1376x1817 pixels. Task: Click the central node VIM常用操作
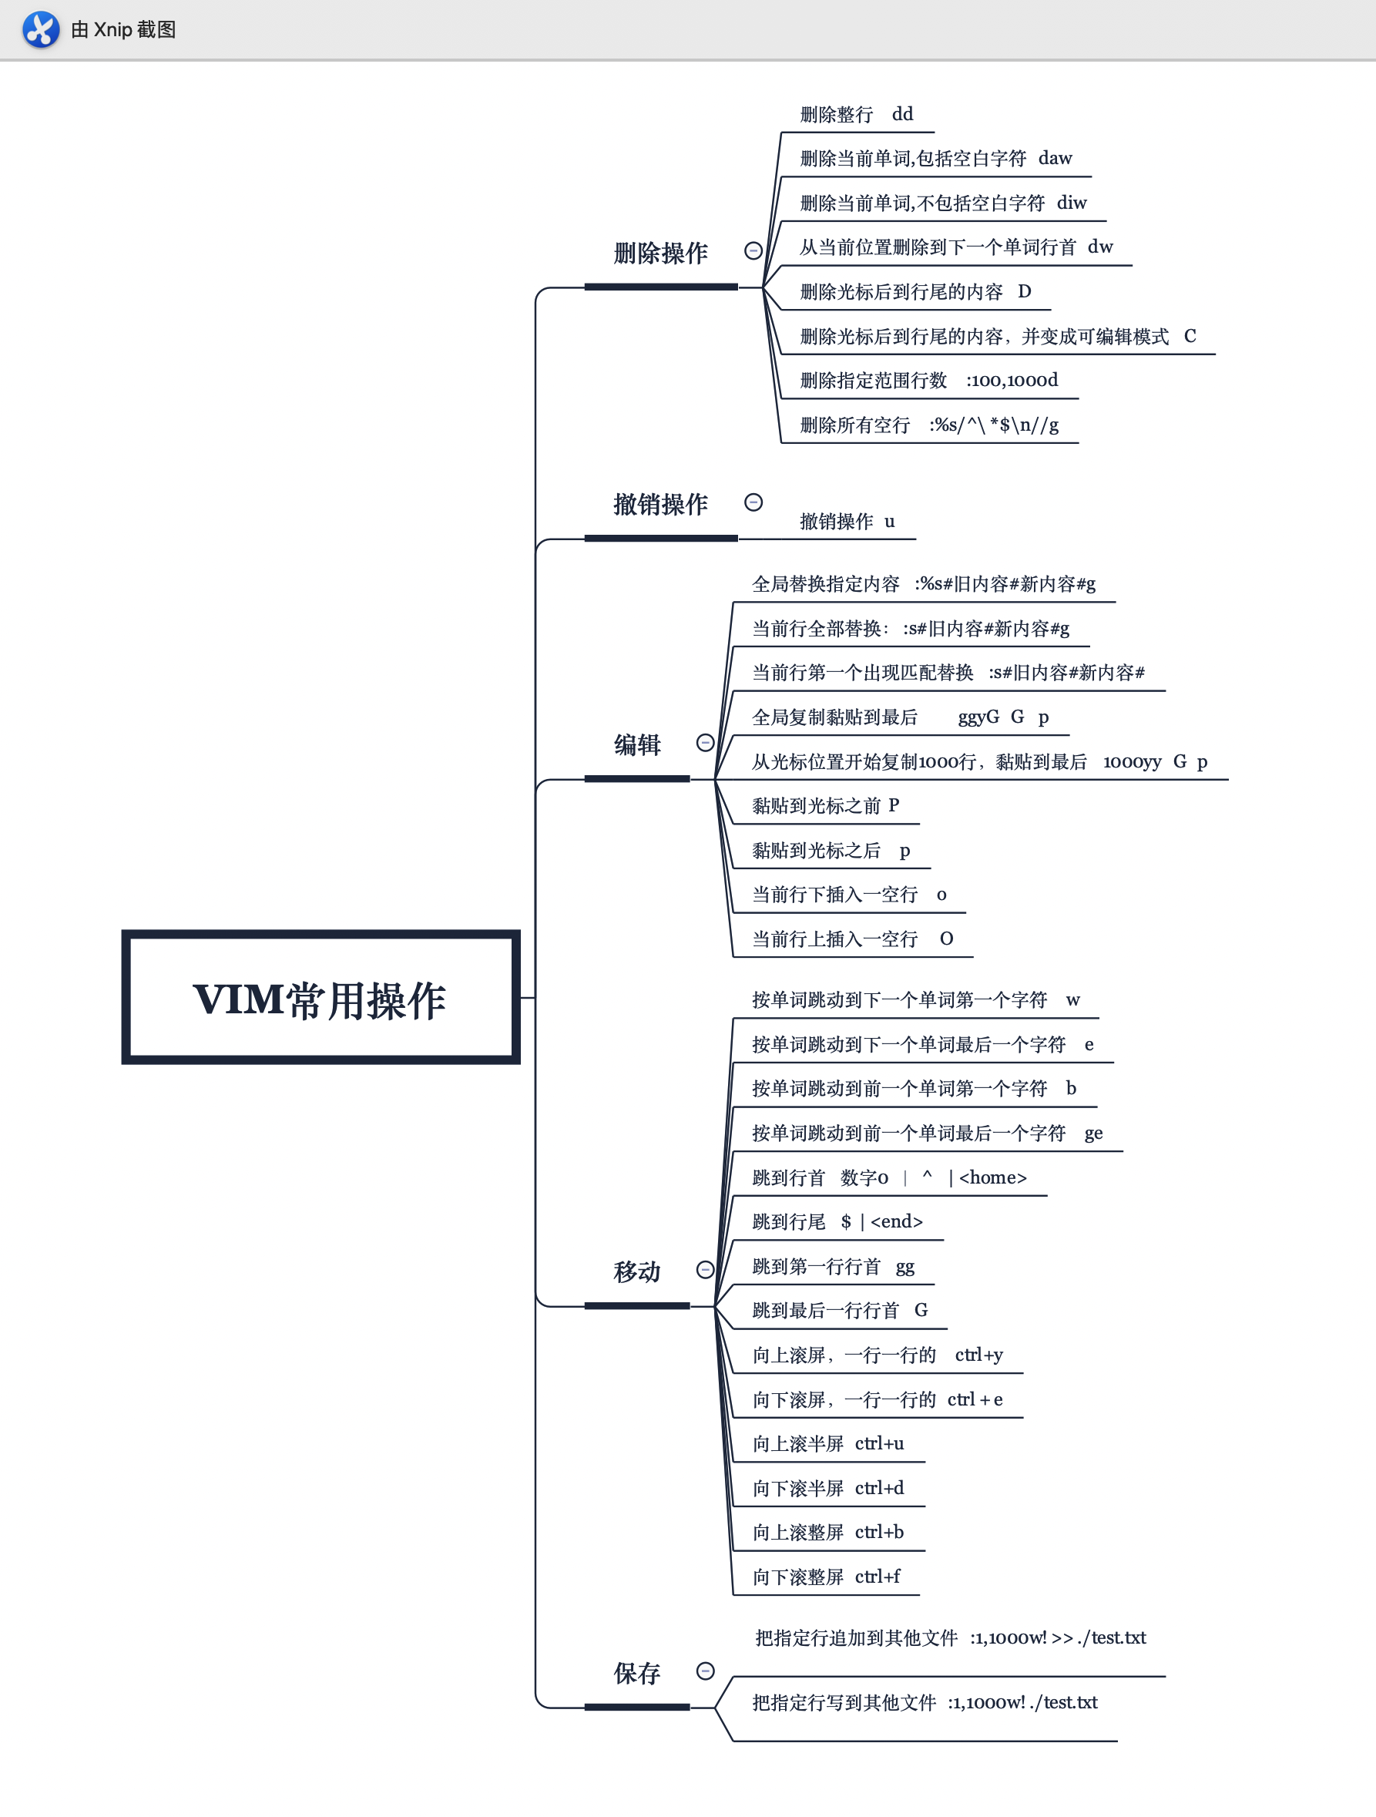320,998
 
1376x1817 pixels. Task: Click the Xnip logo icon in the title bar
40,29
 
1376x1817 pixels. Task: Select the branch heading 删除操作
659,253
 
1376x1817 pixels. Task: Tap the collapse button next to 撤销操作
753,502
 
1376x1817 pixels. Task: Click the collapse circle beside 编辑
705,743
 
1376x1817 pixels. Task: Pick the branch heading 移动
636,1271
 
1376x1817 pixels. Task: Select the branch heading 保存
636,1673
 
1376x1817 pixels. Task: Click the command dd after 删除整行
902,114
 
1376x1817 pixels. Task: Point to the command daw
1055,159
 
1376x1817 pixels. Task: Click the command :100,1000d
1012,381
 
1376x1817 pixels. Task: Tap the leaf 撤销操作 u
847,522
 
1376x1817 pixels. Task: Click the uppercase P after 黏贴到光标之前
894,806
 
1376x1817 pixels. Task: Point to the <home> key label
992,1178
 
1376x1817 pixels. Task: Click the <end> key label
896,1222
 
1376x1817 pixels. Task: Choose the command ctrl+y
978,1355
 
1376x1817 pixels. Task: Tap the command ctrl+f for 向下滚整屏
878,1577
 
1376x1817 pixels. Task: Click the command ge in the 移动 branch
1092,1134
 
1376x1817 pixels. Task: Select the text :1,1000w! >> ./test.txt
1057,1638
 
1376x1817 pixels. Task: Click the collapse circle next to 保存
705,1671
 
